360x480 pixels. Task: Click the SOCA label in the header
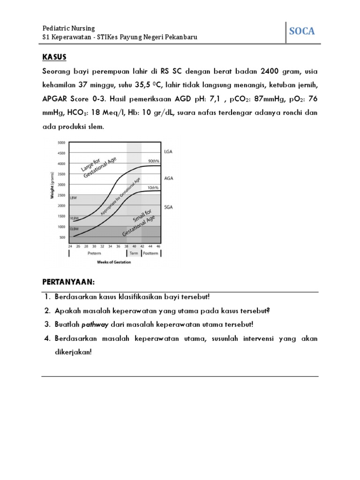[x=301, y=31]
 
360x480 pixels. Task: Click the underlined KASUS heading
[x=54, y=57]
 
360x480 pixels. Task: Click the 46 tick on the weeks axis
[x=158, y=246]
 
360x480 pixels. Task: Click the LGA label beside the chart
[x=169, y=151]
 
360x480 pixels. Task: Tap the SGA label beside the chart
[x=169, y=206]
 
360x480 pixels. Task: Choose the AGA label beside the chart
[x=169, y=178]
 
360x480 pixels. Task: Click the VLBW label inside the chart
[x=74, y=218]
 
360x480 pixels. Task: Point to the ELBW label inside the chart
[x=74, y=228]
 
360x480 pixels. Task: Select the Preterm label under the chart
[x=94, y=253]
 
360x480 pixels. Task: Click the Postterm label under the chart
[x=151, y=253]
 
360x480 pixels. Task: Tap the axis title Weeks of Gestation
[x=114, y=262]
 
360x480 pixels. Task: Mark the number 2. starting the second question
[x=48, y=311]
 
